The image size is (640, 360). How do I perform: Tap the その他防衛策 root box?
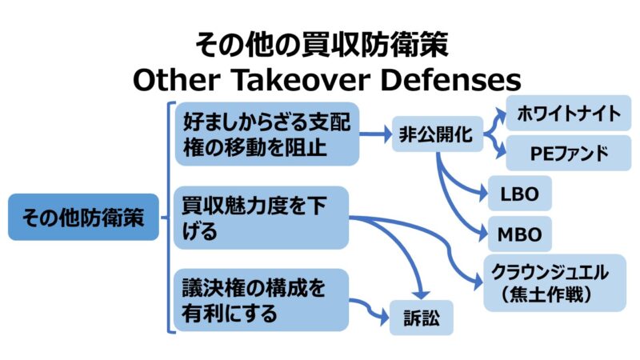(84, 217)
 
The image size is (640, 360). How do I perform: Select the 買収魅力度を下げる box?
(262, 218)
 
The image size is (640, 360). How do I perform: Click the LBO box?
(519, 194)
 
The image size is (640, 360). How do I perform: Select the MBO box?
(519, 235)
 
